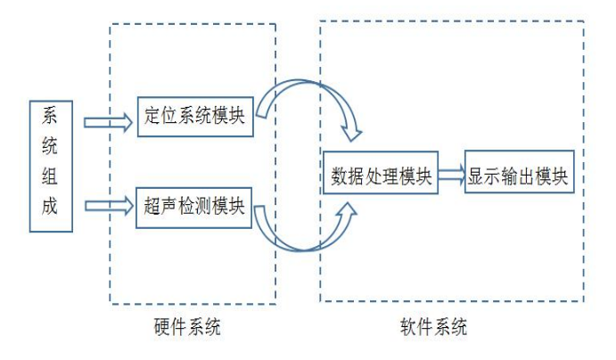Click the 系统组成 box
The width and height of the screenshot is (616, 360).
coord(50,167)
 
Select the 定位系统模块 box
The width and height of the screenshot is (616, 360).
coord(194,116)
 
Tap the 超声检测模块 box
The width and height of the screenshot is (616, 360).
coord(193,206)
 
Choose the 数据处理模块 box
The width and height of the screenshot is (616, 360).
coord(380,174)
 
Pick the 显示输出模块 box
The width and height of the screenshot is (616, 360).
coord(517,174)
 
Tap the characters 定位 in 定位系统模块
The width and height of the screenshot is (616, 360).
coord(159,116)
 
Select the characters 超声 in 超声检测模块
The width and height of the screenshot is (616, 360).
coord(158,206)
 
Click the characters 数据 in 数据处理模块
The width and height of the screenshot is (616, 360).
coord(344,174)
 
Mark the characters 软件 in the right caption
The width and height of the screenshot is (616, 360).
coord(415,328)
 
